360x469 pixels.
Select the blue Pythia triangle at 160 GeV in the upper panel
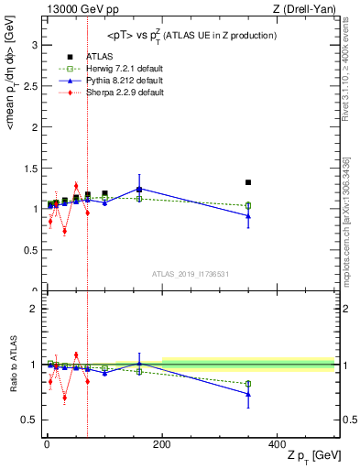pos(139,189)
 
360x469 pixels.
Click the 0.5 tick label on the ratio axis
pos(28,420)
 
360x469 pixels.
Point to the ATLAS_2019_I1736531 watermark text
pos(191,274)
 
